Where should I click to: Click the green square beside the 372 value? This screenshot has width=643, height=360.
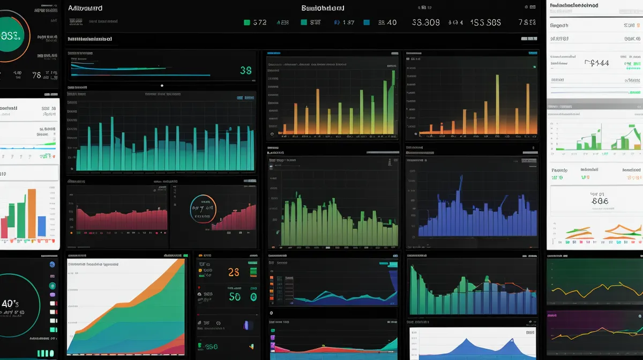tap(247, 22)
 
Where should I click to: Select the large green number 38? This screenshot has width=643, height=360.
tap(246, 70)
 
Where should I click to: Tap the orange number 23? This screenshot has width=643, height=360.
tap(234, 272)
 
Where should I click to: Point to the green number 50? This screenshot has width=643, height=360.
tap(235, 296)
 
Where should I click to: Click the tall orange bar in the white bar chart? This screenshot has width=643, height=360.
tap(32, 213)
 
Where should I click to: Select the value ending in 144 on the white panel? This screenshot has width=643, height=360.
tap(597, 63)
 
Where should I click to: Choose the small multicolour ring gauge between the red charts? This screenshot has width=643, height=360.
tap(203, 208)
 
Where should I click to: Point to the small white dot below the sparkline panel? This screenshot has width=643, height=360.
tap(162, 86)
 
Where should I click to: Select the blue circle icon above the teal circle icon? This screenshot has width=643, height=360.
tap(52, 265)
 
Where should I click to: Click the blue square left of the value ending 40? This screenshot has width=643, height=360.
tap(367, 22)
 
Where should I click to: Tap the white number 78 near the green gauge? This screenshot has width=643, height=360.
tap(36, 76)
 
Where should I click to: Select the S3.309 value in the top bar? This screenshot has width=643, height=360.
tap(426, 22)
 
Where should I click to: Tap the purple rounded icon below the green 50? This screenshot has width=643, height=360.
tap(248, 325)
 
